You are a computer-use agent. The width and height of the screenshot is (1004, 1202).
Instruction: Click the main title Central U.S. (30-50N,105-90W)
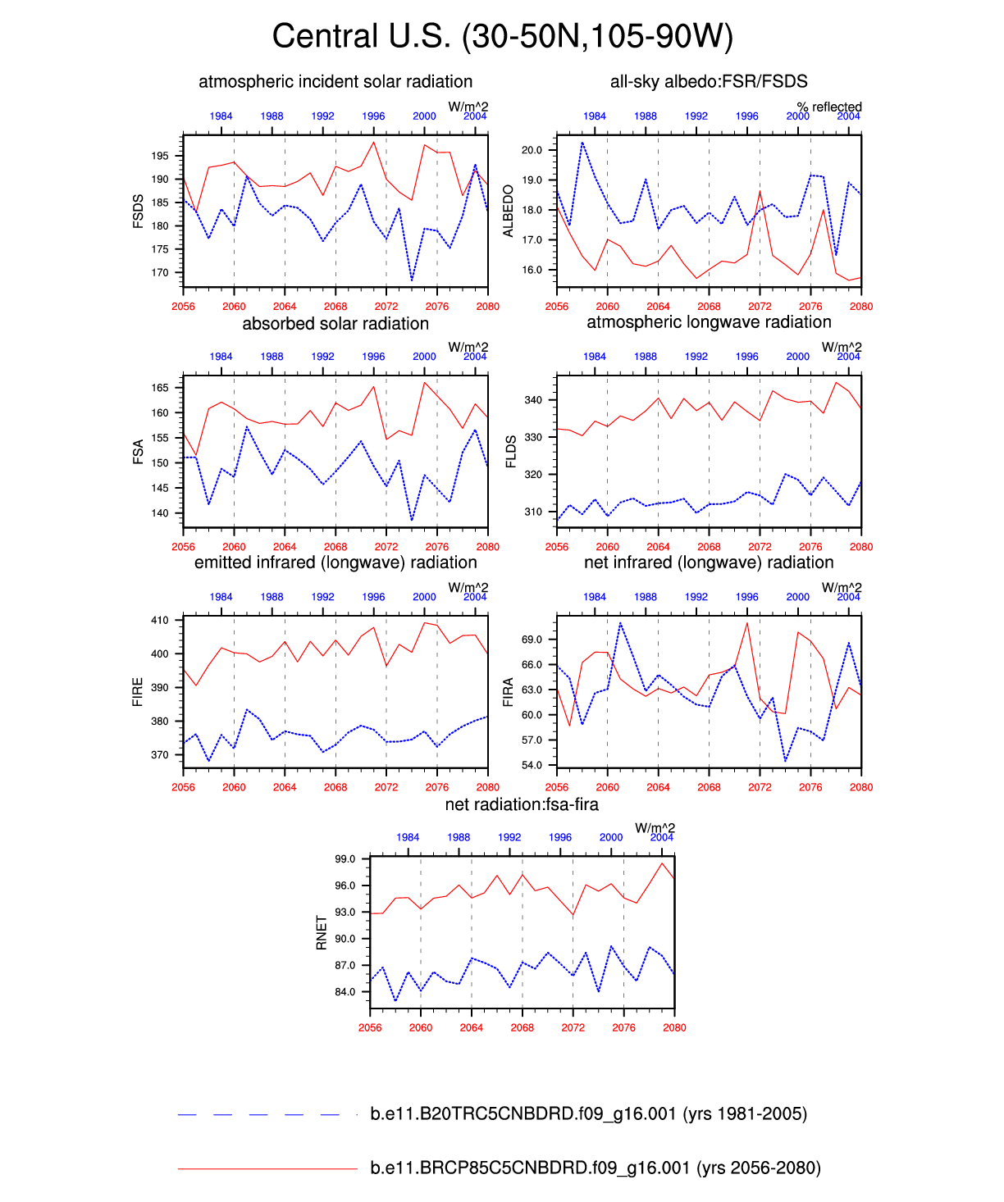[x=502, y=37]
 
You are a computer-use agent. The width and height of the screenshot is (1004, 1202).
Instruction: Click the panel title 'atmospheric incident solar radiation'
[x=335, y=82]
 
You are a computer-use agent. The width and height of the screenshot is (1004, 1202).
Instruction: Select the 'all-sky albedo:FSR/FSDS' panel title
[x=709, y=82]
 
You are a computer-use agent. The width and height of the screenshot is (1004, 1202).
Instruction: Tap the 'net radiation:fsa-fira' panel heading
[x=522, y=804]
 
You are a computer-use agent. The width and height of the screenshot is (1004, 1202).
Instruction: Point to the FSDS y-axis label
[x=139, y=211]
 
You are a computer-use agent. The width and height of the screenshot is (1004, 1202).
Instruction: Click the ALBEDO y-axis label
[x=509, y=211]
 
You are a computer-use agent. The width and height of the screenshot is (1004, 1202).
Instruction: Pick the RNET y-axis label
[x=322, y=933]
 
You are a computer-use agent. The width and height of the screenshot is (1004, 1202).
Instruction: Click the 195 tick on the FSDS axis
[x=160, y=156]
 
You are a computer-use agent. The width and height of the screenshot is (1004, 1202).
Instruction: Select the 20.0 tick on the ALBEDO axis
[x=532, y=150]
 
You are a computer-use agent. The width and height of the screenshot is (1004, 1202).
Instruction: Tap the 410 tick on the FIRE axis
[x=160, y=621]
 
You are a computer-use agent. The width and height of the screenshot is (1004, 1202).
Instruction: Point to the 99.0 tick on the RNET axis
[x=345, y=859]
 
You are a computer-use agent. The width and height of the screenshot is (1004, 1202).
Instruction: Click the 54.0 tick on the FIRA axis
[x=532, y=765]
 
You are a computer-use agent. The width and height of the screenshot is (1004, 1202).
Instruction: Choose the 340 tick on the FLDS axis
[x=534, y=400]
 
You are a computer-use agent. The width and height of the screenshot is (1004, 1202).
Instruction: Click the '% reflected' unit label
[x=829, y=107]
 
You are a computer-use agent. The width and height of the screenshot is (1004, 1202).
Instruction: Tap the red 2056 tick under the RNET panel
[x=370, y=1027]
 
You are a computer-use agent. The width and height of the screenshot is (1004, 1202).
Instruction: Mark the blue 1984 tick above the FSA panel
[x=221, y=357]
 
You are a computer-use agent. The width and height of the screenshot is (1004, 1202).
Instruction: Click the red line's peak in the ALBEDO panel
[x=760, y=191]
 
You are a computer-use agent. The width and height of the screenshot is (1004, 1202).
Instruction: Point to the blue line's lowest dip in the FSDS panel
[x=412, y=280]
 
